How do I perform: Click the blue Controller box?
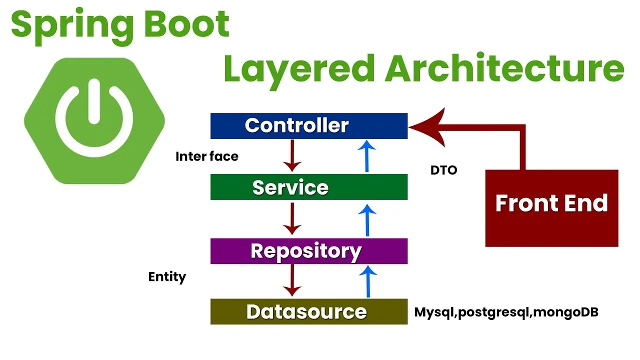308,125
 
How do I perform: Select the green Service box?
308,187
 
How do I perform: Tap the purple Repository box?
308,251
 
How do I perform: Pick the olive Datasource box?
308,311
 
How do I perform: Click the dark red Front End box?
551,208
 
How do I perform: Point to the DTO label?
444,170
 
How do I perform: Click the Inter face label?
207,156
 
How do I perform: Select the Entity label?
167,276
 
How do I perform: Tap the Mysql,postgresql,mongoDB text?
506,312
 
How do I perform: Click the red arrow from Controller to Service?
292,155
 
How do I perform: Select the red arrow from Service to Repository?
292,218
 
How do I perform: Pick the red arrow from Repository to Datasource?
292,280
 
